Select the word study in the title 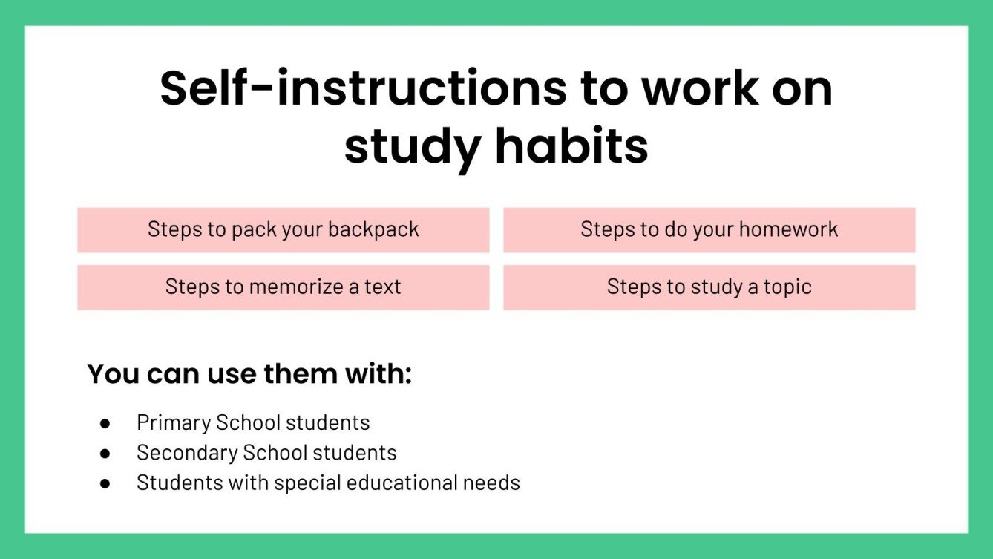pyautogui.click(x=412, y=147)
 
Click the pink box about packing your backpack pyautogui.click(x=283, y=229)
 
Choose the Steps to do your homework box pyautogui.click(x=709, y=229)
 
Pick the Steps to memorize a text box pyautogui.click(x=283, y=287)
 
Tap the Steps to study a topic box pyautogui.click(x=709, y=287)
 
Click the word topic pyautogui.click(x=787, y=287)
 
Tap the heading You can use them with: pyautogui.click(x=249, y=373)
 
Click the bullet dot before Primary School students pyautogui.click(x=105, y=423)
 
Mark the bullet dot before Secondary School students pyautogui.click(x=105, y=453)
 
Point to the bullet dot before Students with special pyautogui.click(x=105, y=483)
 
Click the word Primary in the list pyautogui.click(x=174, y=423)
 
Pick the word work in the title pyautogui.click(x=700, y=88)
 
